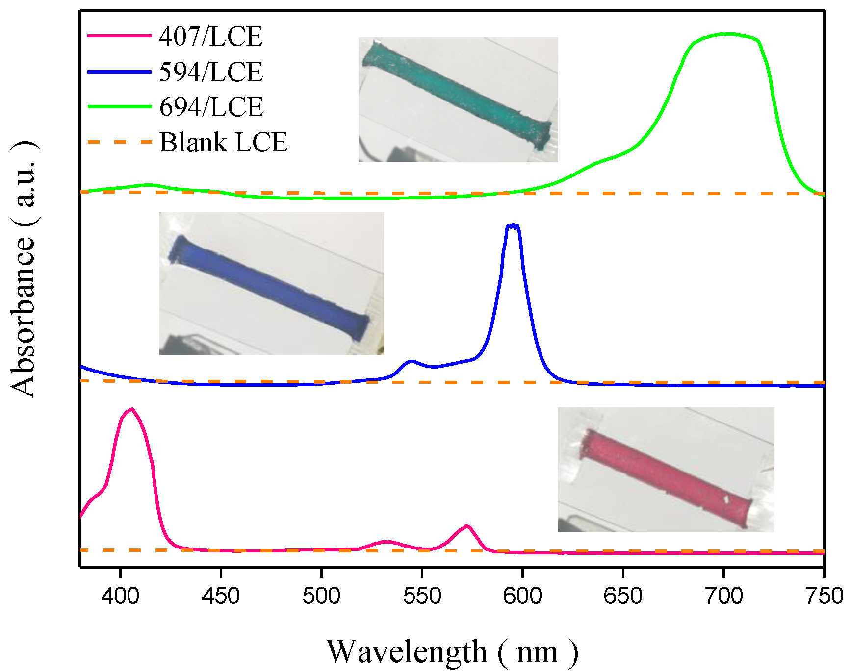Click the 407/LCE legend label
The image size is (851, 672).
coord(211,36)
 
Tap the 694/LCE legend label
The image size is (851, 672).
coord(211,107)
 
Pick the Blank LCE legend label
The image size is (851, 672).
coord(223,142)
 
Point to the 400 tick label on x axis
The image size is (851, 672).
coord(120,596)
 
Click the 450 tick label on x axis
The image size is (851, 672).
coord(221,596)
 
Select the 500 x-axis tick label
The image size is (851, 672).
coord(321,596)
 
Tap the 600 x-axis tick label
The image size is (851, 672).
coord(522,596)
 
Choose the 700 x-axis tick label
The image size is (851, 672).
coord(723,596)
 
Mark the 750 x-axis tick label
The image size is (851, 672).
coord(824,596)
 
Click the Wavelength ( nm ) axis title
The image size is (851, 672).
coord(452,652)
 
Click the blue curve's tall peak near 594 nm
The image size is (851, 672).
coord(513,225)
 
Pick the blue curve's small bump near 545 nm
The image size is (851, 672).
coord(411,361)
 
